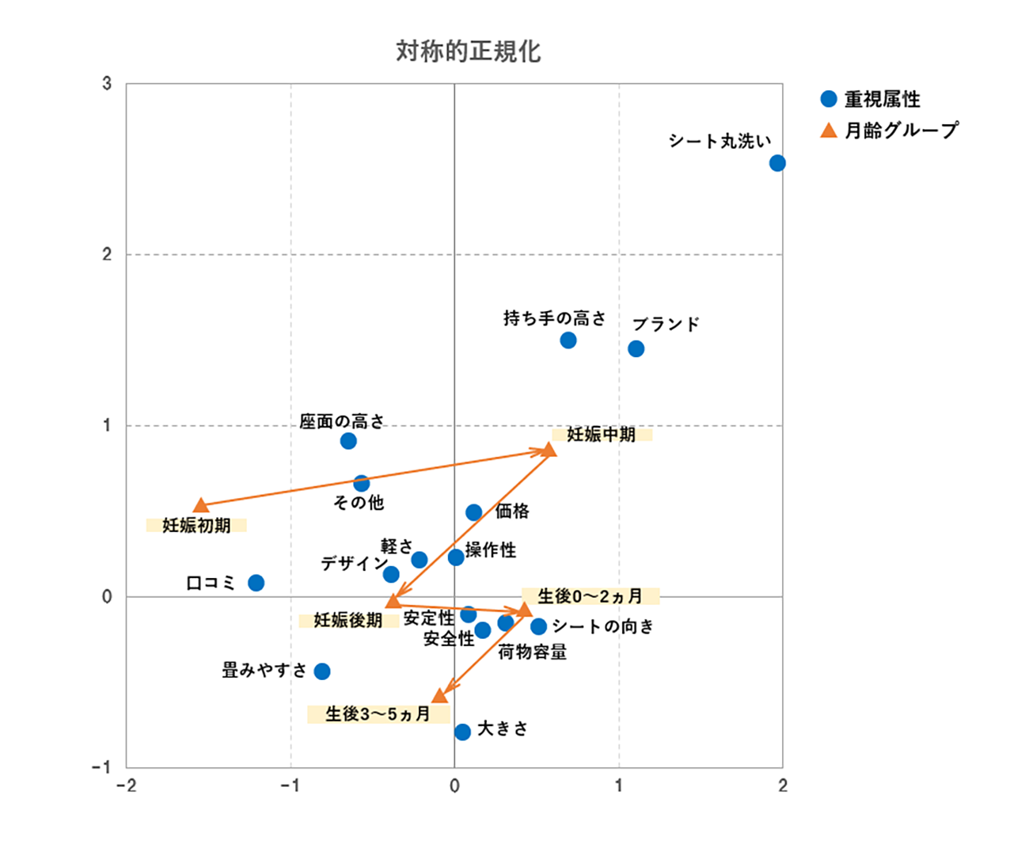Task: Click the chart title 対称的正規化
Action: [468, 51]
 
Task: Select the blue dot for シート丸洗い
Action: [777, 163]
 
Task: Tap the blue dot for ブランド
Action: [636, 348]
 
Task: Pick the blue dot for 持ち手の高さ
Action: [568, 340]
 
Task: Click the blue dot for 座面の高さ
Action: [348, 441]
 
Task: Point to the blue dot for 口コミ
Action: [256, 583]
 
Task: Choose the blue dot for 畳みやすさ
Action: [322, 671]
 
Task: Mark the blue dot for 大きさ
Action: [463, 732]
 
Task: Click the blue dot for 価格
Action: [473, 512]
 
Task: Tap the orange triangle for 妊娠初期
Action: [201, 505]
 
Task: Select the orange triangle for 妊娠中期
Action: [549, 451]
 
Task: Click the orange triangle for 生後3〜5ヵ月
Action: [440, 696]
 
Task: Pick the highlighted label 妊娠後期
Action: [348, 620]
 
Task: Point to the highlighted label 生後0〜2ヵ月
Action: [590, 595]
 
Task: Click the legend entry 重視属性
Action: [882, 99]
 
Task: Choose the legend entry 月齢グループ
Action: [901, 130]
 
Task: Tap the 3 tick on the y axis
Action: [107, 84]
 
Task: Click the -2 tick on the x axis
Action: [126, 785]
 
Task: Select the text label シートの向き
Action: [603, 626]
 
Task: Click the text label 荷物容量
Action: [532, 652]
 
